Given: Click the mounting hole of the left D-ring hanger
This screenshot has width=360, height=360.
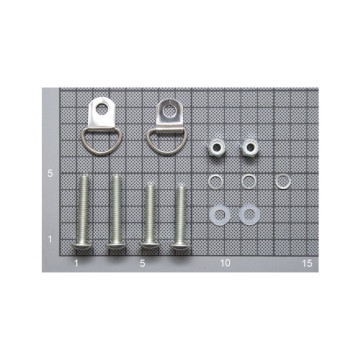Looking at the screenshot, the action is [102, 108].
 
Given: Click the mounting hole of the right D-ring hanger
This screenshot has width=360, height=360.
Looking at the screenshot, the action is [169, 110].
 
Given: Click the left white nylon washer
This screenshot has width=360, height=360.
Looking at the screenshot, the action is [211, 215].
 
